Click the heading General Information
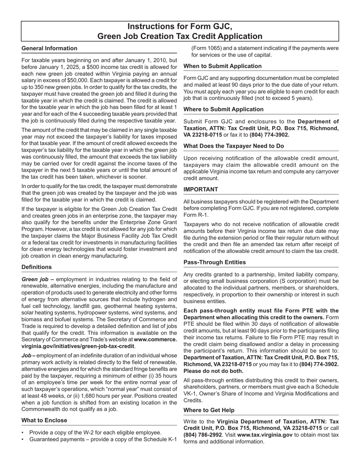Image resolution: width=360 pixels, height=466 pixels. pos(49,48)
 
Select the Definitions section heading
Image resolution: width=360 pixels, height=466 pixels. pos(37,267)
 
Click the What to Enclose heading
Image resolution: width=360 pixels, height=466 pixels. pos(44,420)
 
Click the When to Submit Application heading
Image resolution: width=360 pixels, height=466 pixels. pos(222,66)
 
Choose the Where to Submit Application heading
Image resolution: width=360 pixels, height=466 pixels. pos(223,109)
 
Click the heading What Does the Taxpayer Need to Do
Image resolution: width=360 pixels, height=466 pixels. pos(234,146)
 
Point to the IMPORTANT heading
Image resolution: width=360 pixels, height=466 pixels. pos(201,189)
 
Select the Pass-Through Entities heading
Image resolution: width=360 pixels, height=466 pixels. pos(214,262)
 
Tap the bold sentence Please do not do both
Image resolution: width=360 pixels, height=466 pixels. pos(213,371)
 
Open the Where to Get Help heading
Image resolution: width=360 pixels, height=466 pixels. pos(209,410)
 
